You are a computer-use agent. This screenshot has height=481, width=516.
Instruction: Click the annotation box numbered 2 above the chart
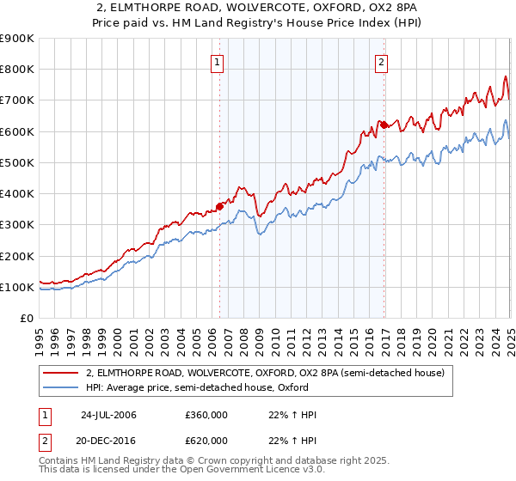(381, 62)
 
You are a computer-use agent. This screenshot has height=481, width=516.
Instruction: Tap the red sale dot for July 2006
(220, 206)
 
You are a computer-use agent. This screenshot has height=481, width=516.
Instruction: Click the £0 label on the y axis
(27, 318)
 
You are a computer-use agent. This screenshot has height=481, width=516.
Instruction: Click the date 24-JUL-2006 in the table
(108, 415)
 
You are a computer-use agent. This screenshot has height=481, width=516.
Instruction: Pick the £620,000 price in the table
(206, 440)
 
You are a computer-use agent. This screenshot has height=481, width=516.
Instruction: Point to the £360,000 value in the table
(206, 415)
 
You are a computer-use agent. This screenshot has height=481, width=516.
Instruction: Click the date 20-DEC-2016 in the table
(108, 440)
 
